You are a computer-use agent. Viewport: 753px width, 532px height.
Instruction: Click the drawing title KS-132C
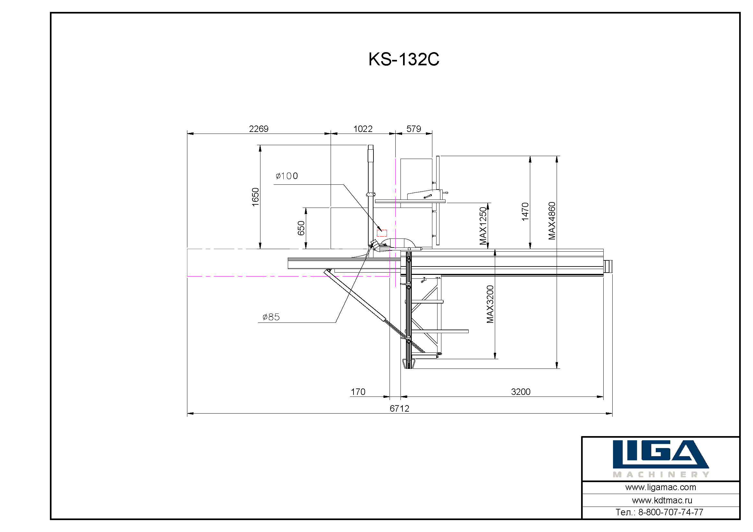pos(404,59)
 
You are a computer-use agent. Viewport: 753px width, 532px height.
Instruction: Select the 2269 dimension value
pos(259,129)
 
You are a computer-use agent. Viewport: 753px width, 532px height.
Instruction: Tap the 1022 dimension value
pos(363,129)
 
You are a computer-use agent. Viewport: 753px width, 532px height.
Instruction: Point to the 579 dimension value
pos(414,129)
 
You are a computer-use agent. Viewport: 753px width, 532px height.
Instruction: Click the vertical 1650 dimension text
pos(255,197)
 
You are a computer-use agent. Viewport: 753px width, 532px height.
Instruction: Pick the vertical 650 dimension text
pos(301,228)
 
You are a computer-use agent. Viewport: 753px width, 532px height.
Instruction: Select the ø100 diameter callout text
pos(287,176)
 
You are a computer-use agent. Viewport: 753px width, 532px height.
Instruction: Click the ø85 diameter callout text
pos(271,317)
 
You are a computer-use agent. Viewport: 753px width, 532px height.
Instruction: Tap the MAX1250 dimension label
pos(483,226)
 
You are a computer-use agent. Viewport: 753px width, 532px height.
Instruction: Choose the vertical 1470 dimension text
pos(525,212)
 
